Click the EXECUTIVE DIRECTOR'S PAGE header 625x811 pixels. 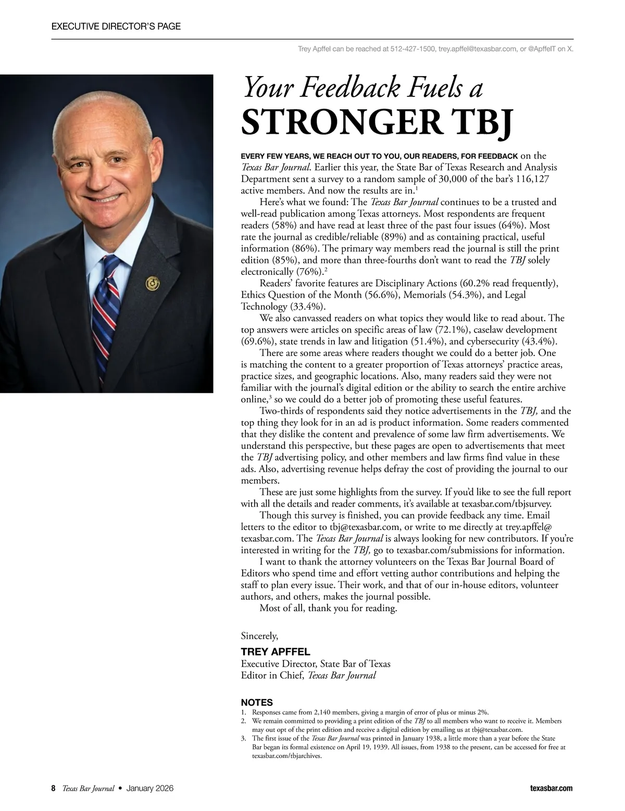116,26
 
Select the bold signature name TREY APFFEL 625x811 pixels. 276,652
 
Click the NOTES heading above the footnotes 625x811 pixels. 257,703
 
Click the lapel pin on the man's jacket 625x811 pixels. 152,284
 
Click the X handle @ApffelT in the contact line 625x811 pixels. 542,49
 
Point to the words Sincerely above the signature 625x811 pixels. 259,636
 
